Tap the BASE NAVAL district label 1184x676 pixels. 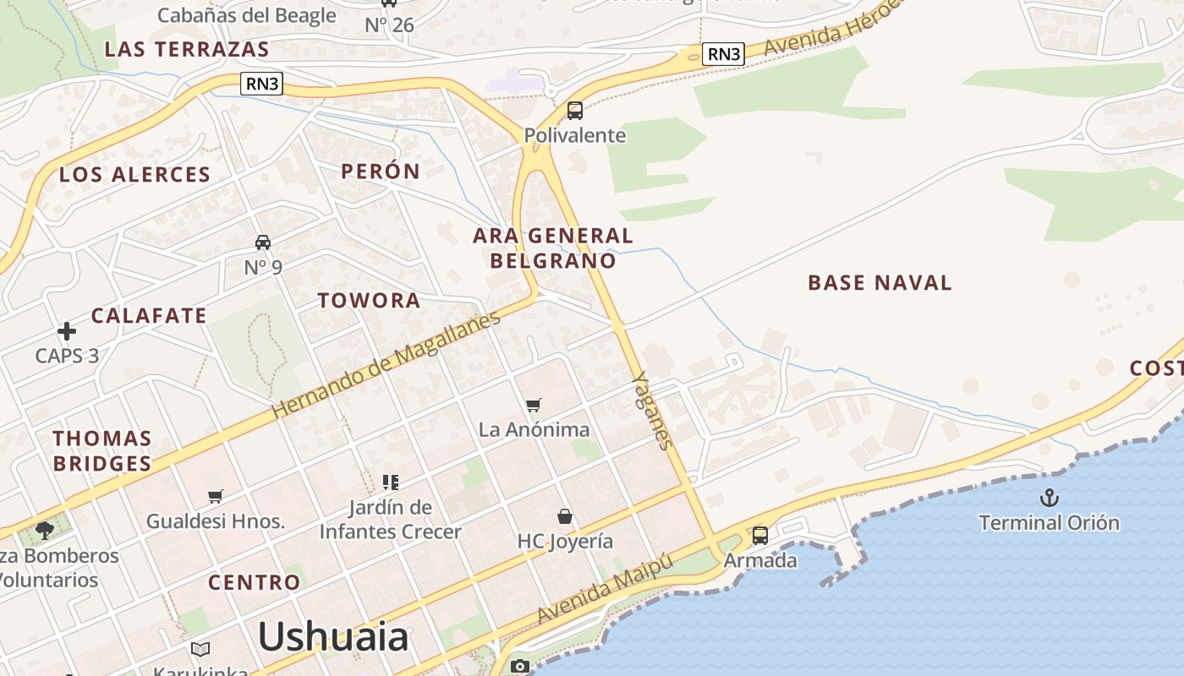880,282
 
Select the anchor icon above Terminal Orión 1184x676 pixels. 1050,497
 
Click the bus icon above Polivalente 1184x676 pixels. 575,110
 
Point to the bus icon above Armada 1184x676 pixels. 760,535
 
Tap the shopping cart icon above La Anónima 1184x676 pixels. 533,405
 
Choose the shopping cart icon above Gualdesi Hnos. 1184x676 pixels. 216,496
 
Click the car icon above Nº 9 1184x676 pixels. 263,243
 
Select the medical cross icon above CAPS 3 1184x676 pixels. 66,331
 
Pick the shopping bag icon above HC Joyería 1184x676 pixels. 565,515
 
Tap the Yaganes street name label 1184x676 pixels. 654,410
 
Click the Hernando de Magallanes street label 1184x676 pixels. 386,363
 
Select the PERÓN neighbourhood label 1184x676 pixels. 381,172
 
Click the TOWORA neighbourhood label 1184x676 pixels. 369,300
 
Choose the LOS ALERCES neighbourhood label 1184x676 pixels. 134,175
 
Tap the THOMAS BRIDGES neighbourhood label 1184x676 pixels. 102,450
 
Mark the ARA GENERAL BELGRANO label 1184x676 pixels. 553,248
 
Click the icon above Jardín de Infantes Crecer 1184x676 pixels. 390,482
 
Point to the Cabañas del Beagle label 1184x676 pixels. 247,15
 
